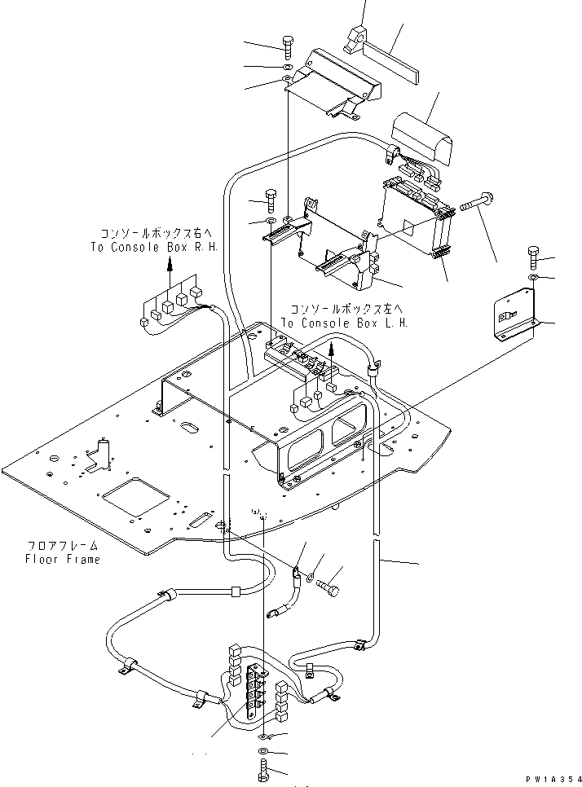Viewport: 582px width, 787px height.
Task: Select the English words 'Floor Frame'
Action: tap(62, 560)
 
